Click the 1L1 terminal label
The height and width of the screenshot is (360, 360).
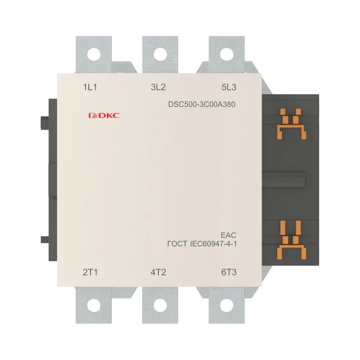[x=90, y=87]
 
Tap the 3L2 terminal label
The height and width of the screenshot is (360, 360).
[x=158, y=87]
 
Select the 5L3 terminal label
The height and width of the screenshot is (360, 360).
[x=229, y=87]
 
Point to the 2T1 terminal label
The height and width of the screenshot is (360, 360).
[x=90, y=272]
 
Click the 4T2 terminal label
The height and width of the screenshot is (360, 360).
[x=158, y=272]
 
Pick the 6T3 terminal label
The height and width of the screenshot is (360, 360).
[x=229, y=272]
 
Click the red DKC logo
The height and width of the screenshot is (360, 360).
[x=104, y=115]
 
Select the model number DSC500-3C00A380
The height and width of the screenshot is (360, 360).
[x=202, y=104]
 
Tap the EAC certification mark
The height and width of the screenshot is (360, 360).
[x=229, y=235]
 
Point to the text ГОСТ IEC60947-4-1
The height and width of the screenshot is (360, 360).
[x=202, y=244]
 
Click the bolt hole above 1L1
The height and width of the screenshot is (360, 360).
[x=94, y=55]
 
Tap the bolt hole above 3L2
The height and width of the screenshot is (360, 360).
[x=160, y=55]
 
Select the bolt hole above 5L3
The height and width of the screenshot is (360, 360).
[x=227, y=55]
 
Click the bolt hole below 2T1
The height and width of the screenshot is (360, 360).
[x=94, y=305]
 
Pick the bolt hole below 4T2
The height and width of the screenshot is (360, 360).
[x=160, y=305]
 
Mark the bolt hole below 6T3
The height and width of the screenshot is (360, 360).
[x=227, y=305]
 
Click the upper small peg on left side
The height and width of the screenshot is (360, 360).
[x=45, y=123]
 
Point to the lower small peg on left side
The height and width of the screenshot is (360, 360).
[x=45, y=239]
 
